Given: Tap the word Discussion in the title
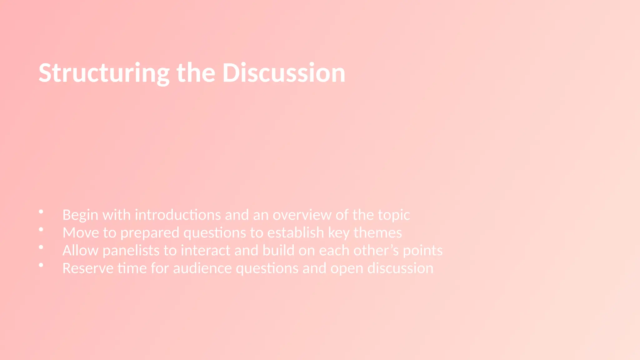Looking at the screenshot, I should point(284,73).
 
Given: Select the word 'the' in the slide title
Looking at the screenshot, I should point(196,73).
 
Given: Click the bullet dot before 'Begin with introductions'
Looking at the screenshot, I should point(41,212).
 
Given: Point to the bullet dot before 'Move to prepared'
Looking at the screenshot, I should point(41,230).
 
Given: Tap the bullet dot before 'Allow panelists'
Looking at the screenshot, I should point(41,247).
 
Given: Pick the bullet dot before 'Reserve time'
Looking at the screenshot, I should point(41,265).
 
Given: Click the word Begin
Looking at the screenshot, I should point(80,215).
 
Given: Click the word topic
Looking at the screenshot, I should point(394,215).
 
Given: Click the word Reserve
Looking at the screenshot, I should point(88,268).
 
